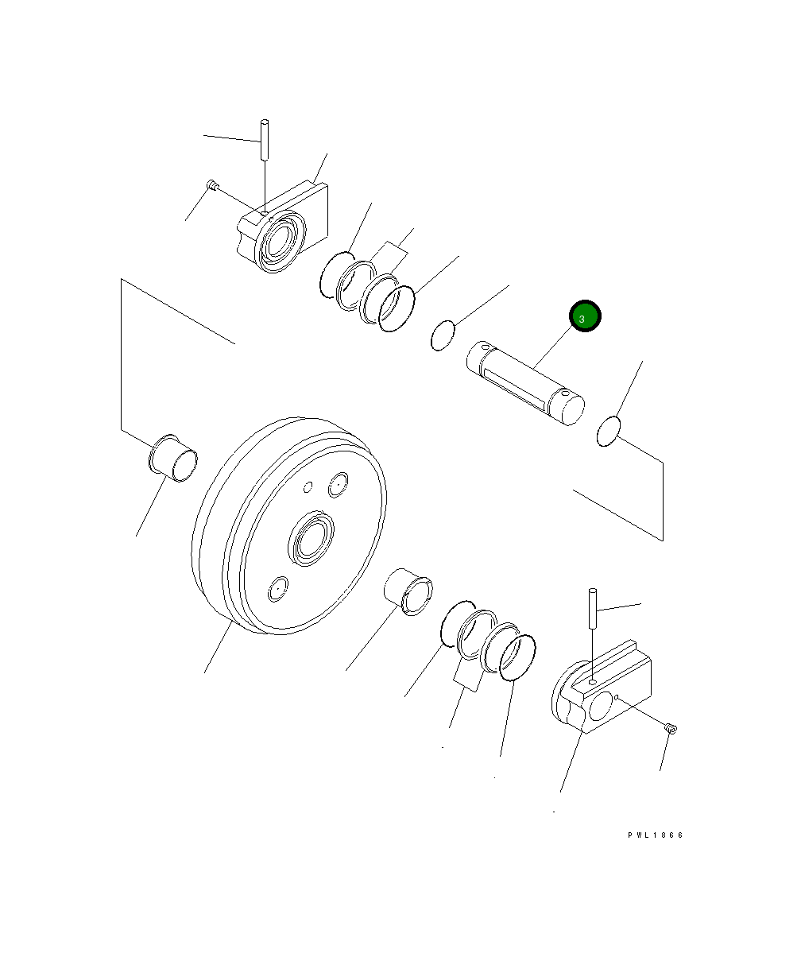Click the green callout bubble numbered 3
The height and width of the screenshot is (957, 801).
click(585, 316)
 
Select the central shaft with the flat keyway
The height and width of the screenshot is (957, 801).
click(525, 383)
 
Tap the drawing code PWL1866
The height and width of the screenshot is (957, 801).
click(656, 835)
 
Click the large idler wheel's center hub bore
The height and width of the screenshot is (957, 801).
click(311, 538)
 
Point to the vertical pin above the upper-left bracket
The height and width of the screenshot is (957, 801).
click(265, 140)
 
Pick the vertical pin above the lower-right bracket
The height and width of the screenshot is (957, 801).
click(593, 609)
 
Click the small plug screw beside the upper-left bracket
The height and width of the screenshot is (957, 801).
click(211, 184)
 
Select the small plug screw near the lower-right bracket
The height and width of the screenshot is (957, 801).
click(671, 728)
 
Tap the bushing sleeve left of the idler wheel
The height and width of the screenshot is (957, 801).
click(173, 459)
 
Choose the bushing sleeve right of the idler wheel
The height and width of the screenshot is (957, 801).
click(408, 591)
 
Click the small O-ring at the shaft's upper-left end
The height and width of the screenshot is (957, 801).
click(443, 336)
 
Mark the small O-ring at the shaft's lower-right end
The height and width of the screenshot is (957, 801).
click(609, 432)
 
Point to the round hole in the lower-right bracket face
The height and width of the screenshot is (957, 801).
click(601, 705)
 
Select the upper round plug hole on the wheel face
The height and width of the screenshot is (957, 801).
click(339, 484)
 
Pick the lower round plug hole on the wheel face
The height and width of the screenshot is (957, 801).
click(278, 588)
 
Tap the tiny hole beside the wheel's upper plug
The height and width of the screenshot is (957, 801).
click(308, 487)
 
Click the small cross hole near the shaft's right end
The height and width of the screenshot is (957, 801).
click(566, 393)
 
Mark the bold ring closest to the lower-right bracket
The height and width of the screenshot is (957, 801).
click(517, 657)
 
